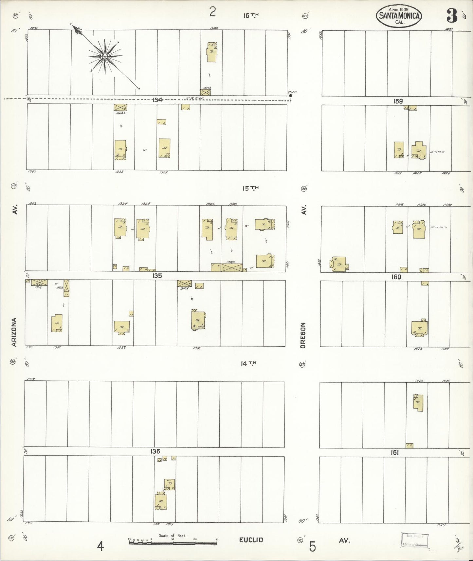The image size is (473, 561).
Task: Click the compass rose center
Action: coord(105,56)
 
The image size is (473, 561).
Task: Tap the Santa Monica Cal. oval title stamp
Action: coord(399,15)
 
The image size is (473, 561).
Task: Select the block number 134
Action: coord(157,100)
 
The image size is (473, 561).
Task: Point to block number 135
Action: coord(157,276)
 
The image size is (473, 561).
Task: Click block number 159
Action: coord(398,101)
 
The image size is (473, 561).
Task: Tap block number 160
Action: coord(396,277)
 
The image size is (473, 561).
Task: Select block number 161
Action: coord(394,453)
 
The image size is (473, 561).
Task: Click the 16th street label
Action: coord(251,15)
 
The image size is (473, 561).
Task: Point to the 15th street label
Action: coord(250,188)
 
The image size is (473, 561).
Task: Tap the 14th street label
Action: coord(248,363)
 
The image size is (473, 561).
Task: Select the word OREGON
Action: coord(303,335)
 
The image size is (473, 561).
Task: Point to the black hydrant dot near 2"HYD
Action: coord(290,96)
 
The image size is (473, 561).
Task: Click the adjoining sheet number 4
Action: coord(100,546)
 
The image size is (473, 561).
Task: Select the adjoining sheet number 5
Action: coord(312,546)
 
